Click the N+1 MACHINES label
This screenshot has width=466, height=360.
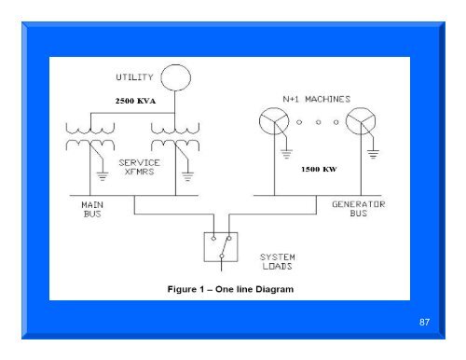[315, 97]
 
